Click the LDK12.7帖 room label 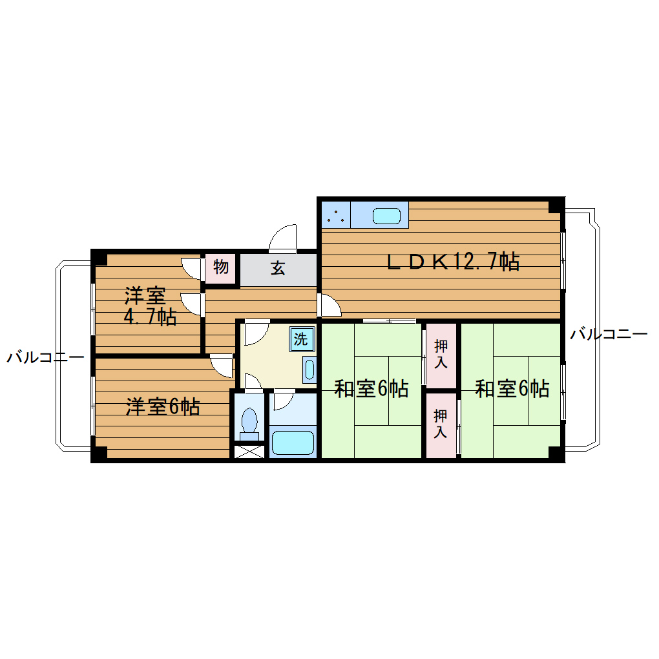pos(452,262)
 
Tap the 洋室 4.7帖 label pos(149,306)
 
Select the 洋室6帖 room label pos(162,407)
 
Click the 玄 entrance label pos(278,267)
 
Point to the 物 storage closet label pos(220,266)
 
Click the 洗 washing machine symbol pos(300,338)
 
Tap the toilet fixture pos(249,423)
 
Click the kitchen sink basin pos(386,216)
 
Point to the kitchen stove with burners pos(335,215)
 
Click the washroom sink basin pos(309,370)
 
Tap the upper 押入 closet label pos(441,354)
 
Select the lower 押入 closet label pos(441,423)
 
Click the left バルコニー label pos(45,357)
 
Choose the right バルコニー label pos(609,334)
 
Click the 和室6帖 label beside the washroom pos(371,389)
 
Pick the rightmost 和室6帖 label pos(512,389)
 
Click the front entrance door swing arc pos(283,238)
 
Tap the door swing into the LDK pos(330,305)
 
